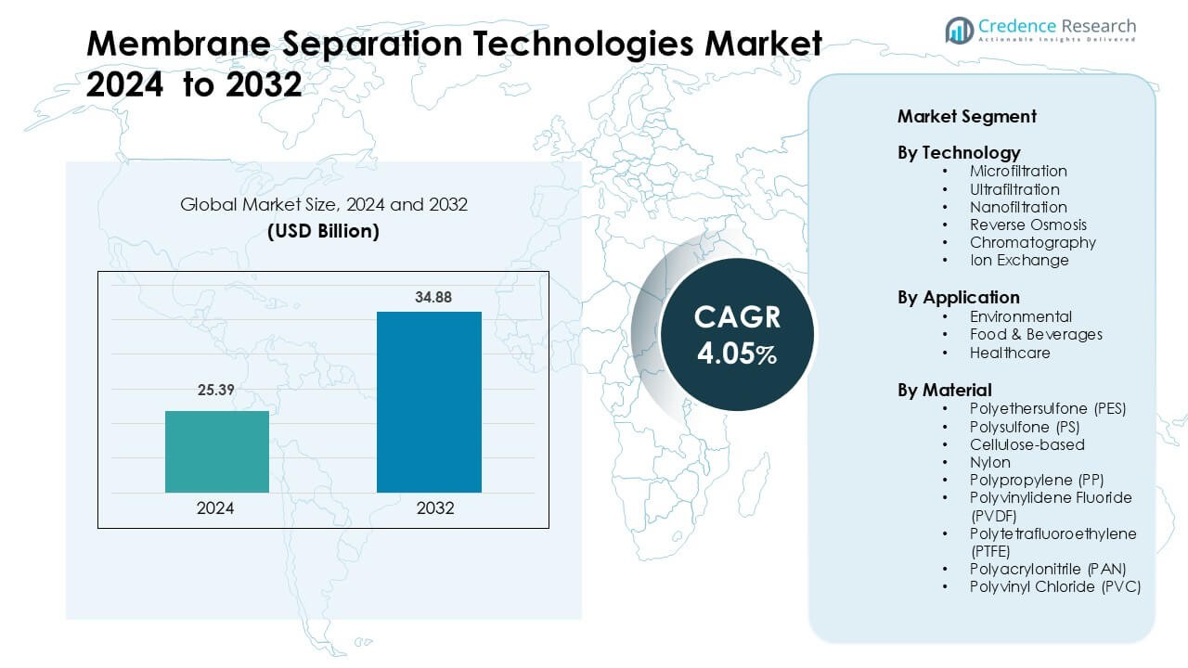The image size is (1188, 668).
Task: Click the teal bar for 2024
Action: (217, 451)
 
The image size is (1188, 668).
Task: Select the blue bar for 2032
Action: (429, 402)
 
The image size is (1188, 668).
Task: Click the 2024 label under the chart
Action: (215, 508)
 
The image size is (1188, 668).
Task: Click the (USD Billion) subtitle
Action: (323, 231)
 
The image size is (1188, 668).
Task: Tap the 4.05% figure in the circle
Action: (737, 353)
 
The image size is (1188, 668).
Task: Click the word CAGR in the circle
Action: (737, 317)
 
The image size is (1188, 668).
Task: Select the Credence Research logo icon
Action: (959, 31)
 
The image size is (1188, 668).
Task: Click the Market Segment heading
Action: (966, 117)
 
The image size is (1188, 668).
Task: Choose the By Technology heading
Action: (959, 153)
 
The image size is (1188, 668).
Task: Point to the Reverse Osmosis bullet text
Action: (1027, 225)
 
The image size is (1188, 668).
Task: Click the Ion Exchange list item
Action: (1019, 260)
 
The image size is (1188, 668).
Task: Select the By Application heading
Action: (958, 298)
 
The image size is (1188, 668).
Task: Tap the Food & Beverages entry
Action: (1036, 334)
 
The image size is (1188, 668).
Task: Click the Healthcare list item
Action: (1010, 353)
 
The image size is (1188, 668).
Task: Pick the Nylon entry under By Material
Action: (990, 462)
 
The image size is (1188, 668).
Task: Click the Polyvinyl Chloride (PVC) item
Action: (1055, 586)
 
